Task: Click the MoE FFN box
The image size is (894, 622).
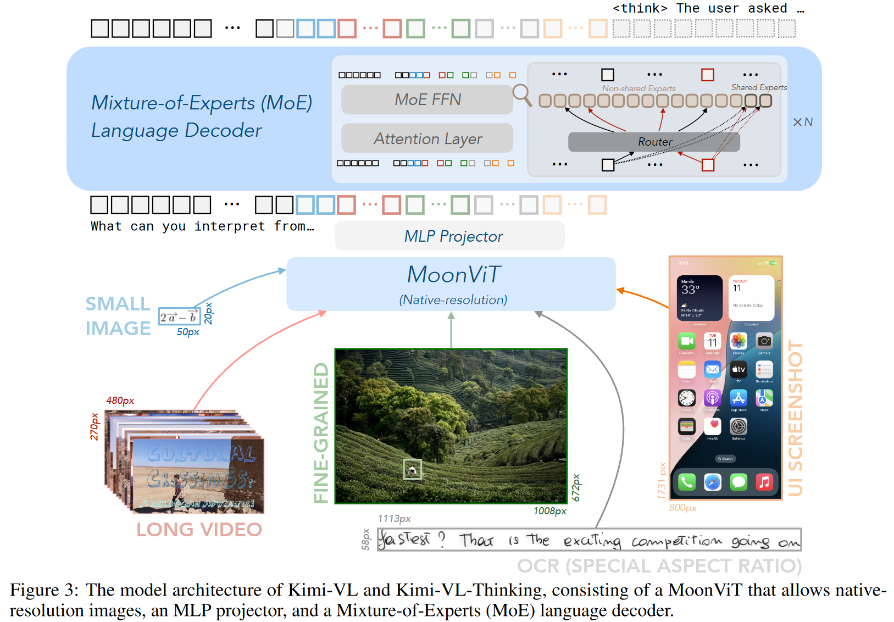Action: (427, 99)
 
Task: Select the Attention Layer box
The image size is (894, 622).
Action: (427, 138)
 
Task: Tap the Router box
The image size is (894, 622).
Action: (654, 142)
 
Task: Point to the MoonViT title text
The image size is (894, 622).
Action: (453, 275)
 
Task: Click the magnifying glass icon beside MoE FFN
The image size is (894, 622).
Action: (521, 95)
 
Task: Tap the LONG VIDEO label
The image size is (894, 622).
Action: (199, 530)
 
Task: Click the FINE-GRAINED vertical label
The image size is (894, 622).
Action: (321, 432)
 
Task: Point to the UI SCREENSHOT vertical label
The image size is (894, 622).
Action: (795, 418)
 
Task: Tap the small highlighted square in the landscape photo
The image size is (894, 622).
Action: (412, 469)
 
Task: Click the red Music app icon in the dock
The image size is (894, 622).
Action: (764, 482)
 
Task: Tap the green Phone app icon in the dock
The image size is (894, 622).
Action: (686, 482)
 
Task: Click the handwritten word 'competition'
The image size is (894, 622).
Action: (676, 542)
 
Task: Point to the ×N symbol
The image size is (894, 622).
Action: (802, 122)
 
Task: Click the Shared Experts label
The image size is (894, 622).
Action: (759, 87)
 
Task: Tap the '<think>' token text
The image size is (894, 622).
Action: (640, 8)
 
